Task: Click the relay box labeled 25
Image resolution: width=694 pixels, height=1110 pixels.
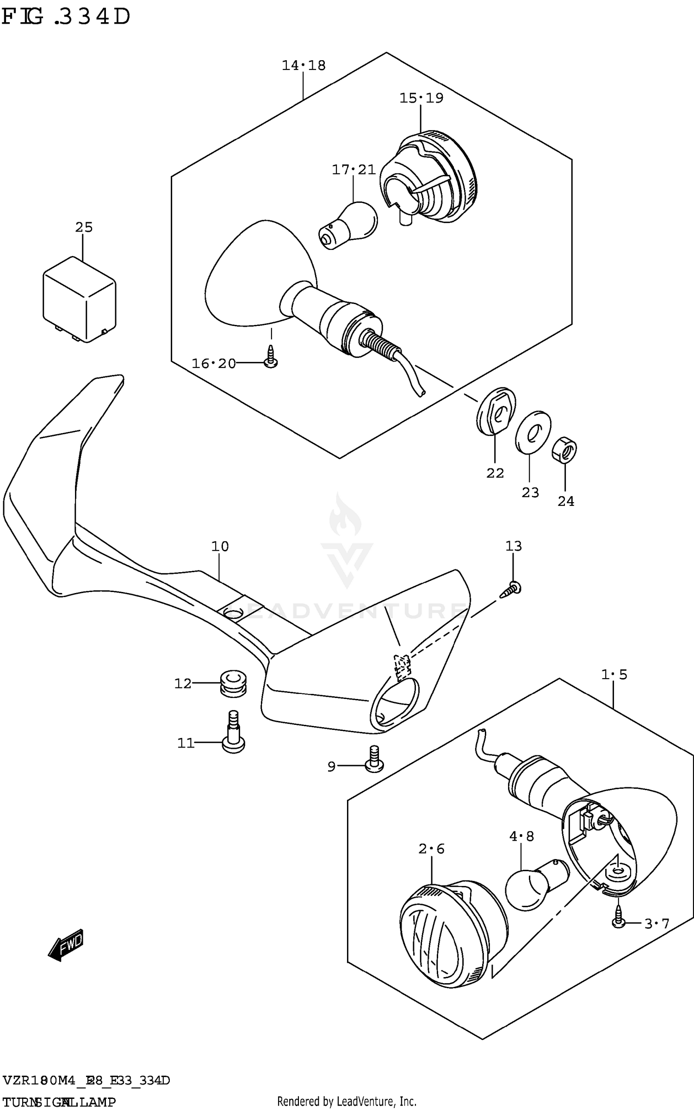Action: [79, 300]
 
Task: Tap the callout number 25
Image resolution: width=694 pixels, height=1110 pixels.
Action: [84, 227]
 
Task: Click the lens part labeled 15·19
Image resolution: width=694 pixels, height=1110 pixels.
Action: [428, 178]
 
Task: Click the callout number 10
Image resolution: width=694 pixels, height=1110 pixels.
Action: [220, 547]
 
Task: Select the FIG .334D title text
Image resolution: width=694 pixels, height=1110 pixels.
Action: [66, 17]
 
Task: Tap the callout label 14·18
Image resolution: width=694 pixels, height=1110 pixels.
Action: [304, 66]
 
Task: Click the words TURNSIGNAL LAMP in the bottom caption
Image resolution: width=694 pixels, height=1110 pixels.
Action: [59, 1102]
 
